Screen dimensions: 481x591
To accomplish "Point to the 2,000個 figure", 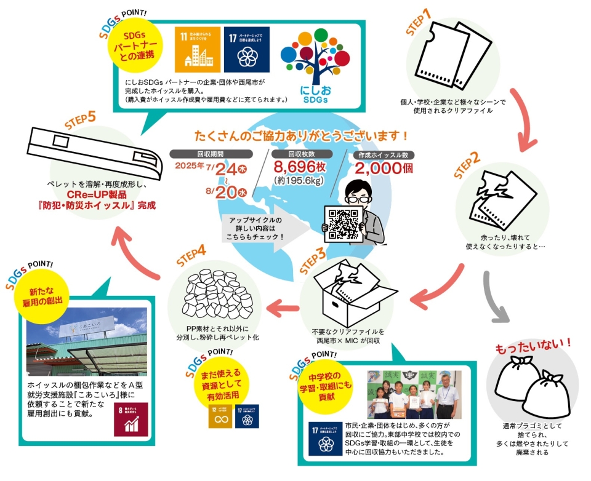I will (x=382, y=168).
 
